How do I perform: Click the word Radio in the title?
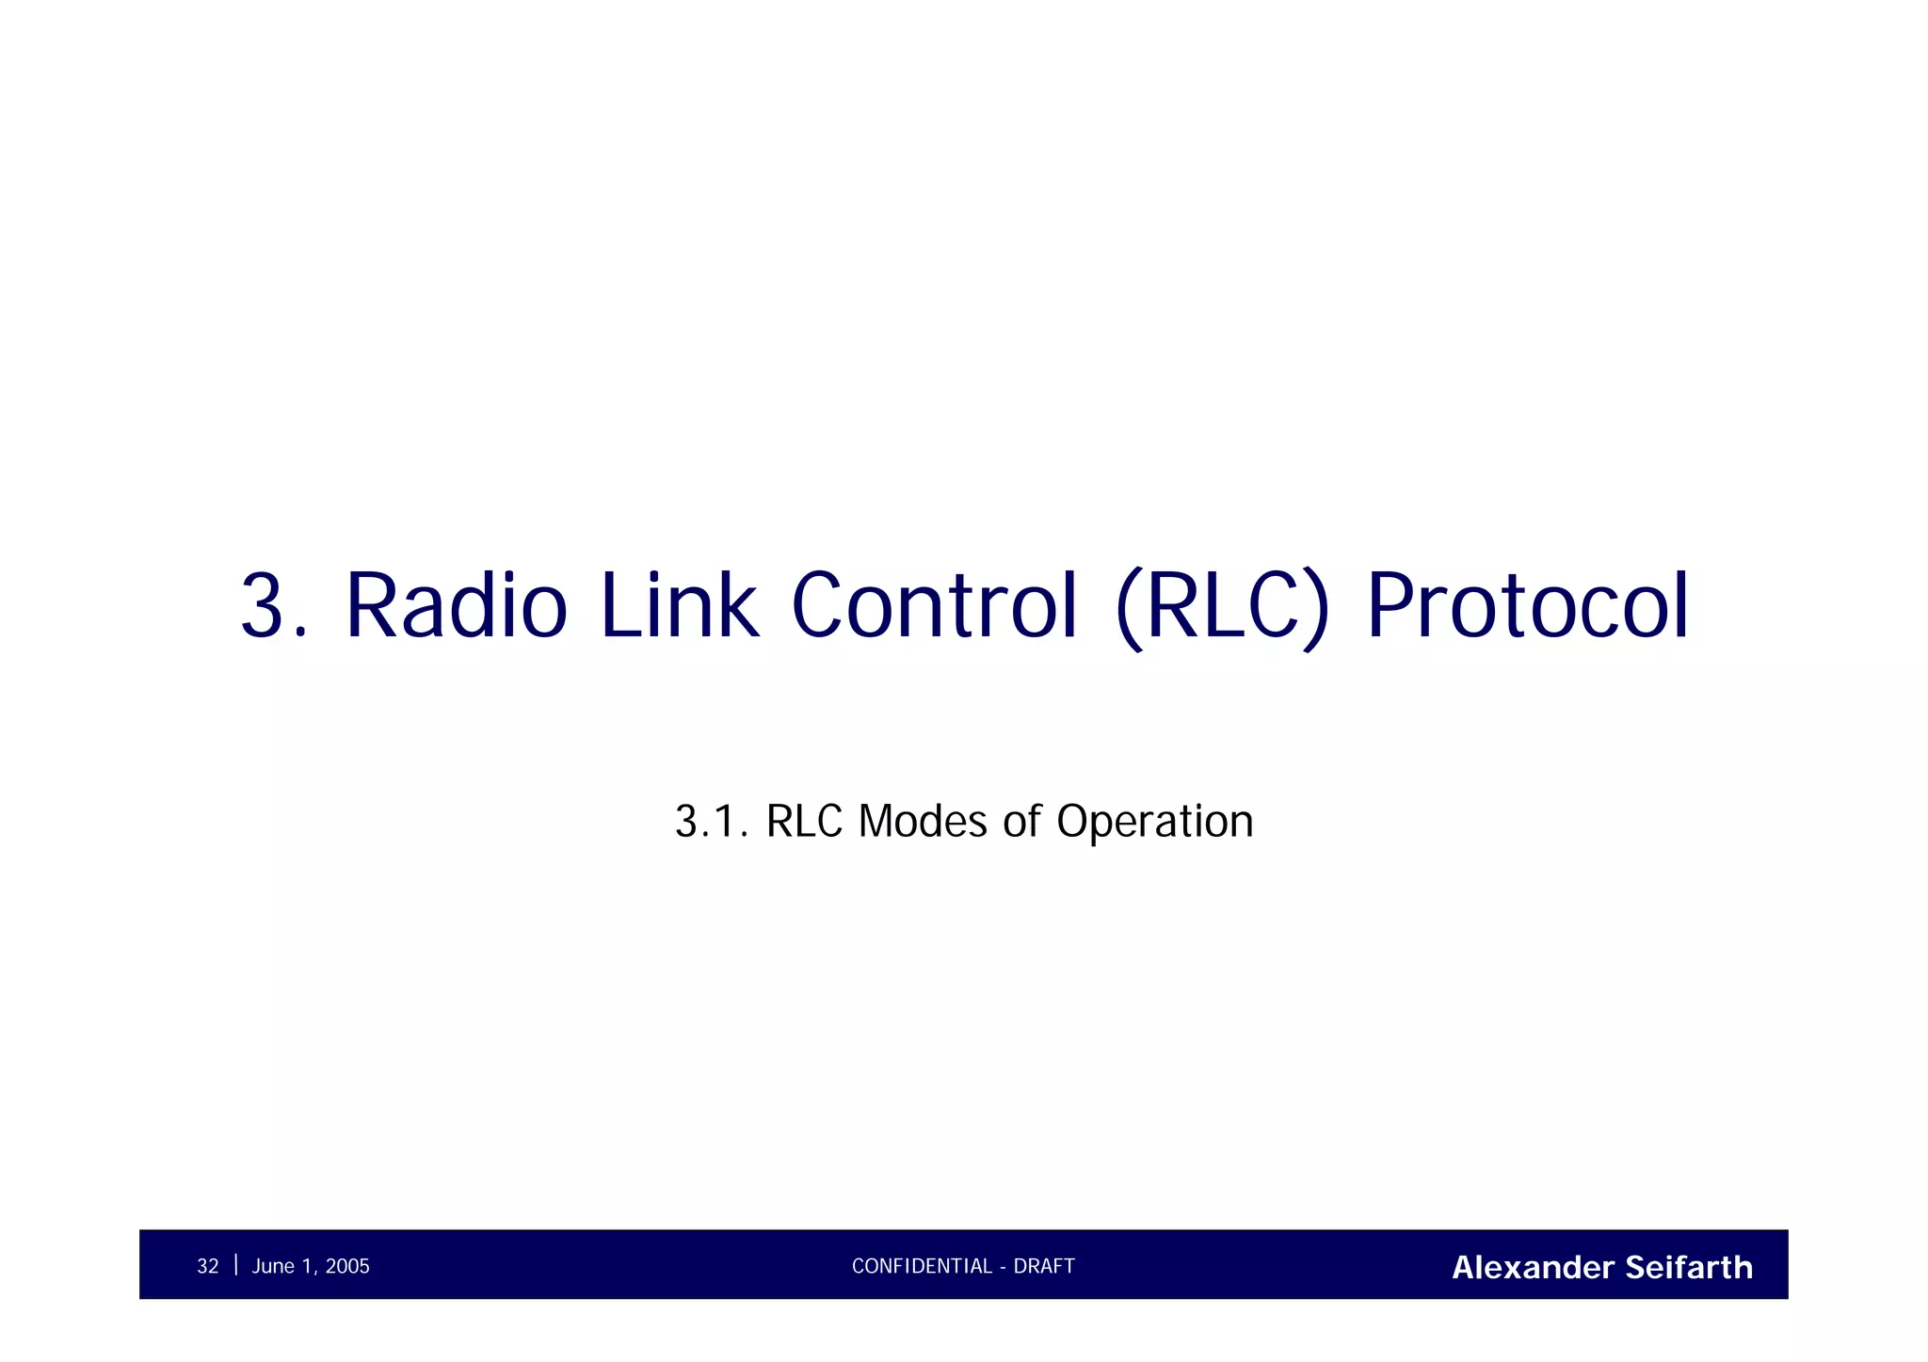pos(457,606)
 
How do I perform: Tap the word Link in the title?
pos(678,606)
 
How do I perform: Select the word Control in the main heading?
pos(934,606)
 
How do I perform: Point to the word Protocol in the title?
pos(1527,606)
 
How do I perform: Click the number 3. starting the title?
pos(274,606)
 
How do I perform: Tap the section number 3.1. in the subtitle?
pos(712,821)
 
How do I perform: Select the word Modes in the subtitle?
pos(924,821)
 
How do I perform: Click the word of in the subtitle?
pos(1022,821)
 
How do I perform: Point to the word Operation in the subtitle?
pos(1155,821)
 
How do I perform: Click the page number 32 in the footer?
pos(207,1267)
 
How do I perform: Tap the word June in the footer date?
pos(273,1267)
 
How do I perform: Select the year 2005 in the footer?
pos(347,1267)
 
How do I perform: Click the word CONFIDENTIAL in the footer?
pos(922,1267)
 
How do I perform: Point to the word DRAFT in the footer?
pos(1044,1267)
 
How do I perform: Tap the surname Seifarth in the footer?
pos(1689,1268)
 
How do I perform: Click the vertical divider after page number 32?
pos(235,1265)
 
